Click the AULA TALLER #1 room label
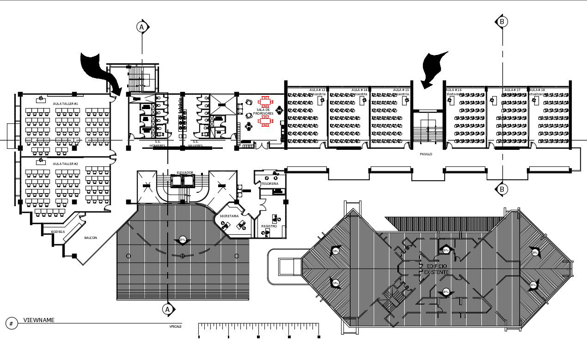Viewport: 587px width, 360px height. click(65, 104)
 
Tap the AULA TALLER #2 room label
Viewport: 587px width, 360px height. click(65, 164)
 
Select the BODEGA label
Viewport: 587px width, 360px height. click(58, 232)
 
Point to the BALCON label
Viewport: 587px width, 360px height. click(91, 238)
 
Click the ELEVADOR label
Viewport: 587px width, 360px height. click(185, 173)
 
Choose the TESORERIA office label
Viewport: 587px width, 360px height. click(270, 184)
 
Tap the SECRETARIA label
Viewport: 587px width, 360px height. click(229, 216)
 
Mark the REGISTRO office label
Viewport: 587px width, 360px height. click(269, 226)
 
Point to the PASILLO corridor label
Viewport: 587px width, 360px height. click(426, 154)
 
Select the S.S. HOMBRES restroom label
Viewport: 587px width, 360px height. click(157, 144)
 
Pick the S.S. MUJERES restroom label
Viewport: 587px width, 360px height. click(195, 144)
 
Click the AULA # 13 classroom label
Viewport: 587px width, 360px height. click(317, 90)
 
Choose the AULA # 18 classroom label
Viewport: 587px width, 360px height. click(537, 90)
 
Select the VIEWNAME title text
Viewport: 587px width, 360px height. click(39, 320)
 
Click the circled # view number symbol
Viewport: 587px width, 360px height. click(12, 324)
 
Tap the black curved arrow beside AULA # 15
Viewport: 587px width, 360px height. click(434, 68)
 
